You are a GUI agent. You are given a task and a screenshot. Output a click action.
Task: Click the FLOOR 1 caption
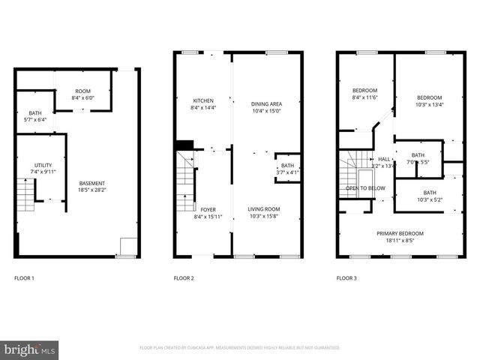tap(24, 278)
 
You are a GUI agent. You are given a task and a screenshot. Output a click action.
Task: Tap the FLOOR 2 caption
tap(184, 278)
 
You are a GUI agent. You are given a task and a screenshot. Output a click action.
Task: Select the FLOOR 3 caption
tap(346, 278)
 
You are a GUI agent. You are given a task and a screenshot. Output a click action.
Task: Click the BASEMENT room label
tap(93, 184)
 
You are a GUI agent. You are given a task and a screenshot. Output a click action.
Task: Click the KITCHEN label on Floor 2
tap(203, 100)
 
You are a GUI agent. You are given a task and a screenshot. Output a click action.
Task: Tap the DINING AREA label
tap(265, 103)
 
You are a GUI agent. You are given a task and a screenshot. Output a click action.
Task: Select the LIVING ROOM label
tap(265, 209)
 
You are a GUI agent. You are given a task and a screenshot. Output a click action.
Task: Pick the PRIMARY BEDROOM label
tap(400, 233)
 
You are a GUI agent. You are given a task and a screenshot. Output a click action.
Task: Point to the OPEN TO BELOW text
tap(365, 187)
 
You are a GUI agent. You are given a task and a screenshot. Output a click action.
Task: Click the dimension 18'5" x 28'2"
tap(93, 190)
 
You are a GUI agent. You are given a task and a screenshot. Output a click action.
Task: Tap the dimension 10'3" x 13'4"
tap(429, 104)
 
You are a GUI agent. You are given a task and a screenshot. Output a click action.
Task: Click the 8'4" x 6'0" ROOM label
tap(84, 94)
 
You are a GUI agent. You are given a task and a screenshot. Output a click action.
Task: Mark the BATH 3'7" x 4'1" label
tap(287, 169)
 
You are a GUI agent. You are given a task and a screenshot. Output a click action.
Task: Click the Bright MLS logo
tap(30, 349)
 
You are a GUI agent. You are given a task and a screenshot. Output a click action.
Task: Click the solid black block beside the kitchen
tap(184, 145)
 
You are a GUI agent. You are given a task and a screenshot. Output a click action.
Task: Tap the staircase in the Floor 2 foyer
tap(185, 183)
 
